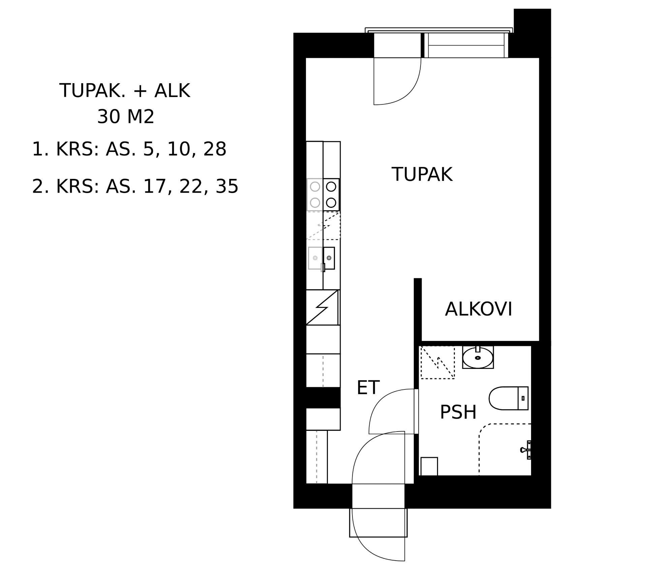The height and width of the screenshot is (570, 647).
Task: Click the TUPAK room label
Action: (422, 174)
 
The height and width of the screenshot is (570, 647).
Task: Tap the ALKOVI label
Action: (479, 309)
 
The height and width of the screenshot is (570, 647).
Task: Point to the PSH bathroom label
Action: (458, 412)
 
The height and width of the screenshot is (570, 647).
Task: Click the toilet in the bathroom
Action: (509, 398)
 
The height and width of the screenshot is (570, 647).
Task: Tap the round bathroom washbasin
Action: (478, 358)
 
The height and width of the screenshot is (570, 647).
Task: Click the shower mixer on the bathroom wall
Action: (526, 450)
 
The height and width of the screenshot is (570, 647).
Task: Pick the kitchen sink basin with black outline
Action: (329, 258)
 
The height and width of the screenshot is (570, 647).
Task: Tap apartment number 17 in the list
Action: (155, 186)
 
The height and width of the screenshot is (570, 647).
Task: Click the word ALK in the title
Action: (172, 91)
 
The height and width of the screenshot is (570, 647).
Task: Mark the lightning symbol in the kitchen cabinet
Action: (322, 308)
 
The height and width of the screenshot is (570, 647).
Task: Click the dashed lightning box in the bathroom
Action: (438, 362)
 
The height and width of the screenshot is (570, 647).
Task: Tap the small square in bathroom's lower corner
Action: (429, 466)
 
